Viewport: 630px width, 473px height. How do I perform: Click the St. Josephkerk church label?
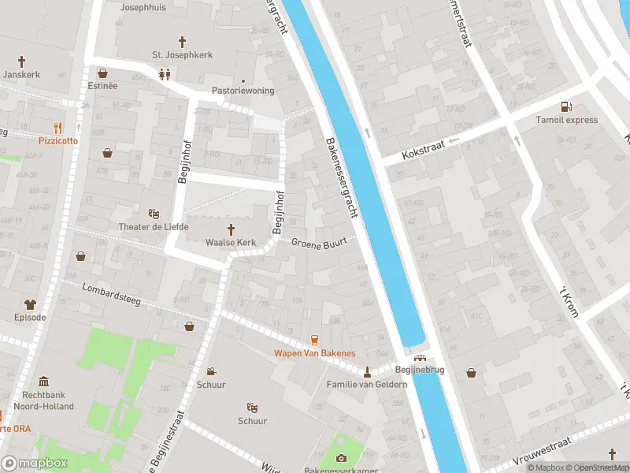[182, 55]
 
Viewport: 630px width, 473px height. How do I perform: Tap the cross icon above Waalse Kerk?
[232, 229]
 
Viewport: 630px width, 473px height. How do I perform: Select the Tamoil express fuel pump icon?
[565, 106]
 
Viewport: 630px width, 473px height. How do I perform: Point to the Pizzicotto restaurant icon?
[57, 127]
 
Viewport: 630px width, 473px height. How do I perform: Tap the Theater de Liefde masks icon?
[154, 214]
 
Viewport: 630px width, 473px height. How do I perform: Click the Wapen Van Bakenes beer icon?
[314, 340]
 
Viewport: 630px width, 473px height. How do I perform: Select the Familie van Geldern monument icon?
[367, 371]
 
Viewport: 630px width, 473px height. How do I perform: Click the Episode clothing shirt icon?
[30, 304]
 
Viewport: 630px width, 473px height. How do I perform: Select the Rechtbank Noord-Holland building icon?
[43, 381]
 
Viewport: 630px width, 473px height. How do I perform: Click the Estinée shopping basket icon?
[102, 73]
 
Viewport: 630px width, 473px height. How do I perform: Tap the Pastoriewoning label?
[243, 91]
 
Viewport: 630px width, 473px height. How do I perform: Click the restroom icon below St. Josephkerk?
[165, 74]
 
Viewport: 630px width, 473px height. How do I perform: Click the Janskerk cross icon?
[21, 61]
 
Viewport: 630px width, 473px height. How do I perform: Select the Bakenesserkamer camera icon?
[341, 458]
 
